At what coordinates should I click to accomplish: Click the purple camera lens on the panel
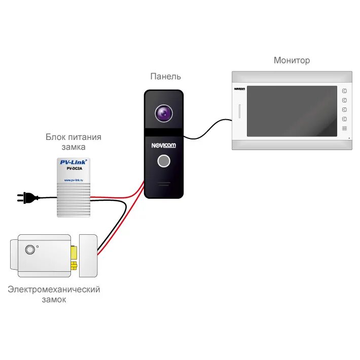coord(163,114)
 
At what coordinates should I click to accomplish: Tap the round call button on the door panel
coord(163,161)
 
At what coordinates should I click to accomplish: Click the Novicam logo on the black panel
coord(163,146)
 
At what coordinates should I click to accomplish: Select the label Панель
coord(165,77)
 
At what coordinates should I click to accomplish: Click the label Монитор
coord(292,60)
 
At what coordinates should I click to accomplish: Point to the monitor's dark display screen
coord(292,111)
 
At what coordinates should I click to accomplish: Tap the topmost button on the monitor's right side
coord(344,91)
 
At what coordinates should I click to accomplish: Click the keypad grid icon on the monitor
coord(344,129)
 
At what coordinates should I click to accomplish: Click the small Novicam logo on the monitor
coord(240,89)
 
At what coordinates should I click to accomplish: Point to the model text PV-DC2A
coord(74,169)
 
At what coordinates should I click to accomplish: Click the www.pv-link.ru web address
coord(74,180)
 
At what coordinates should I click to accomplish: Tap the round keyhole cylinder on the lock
coord(30,249)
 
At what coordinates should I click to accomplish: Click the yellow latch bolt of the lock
coord(74,251)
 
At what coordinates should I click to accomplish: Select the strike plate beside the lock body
coord(88,256)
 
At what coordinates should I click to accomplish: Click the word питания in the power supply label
coord(84,137)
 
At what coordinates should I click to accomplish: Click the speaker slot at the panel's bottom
coord(163,184)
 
